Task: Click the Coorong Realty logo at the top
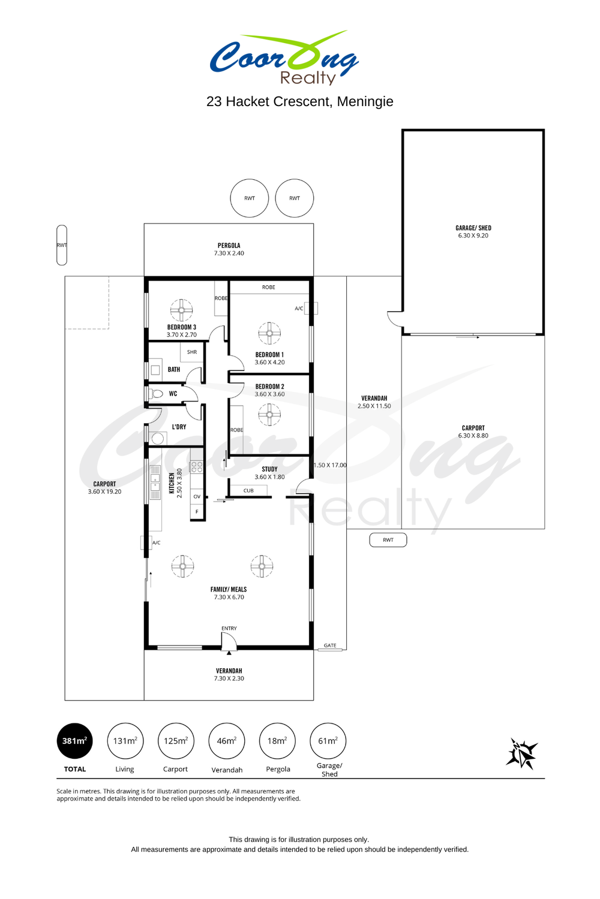tap(284, 58)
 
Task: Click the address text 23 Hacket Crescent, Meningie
tap(300, 101)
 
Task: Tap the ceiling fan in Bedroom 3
tap(181, 310)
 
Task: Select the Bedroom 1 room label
tap(269, 355)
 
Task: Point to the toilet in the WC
tap(155, 394)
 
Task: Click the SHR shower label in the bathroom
tap(192, 352)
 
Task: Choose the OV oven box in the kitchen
tap(197, 496)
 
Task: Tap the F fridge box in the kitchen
tap(197, 512)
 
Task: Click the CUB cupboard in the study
tap(248, 490)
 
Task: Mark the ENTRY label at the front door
tap(229, 628)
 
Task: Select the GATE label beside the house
tap(330, 645)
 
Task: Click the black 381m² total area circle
tap(75, 741)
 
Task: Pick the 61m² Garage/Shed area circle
tap(328, 741)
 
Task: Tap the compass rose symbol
tap(521, 754)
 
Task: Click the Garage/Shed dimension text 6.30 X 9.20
tap(473, 236)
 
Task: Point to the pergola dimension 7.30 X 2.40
tap(229, 254)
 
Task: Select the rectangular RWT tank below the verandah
tap(388, 540)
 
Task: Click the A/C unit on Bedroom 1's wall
tap(311, 308)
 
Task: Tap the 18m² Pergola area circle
tap(277, 741)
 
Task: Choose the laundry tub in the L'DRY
tap(157, 438)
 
